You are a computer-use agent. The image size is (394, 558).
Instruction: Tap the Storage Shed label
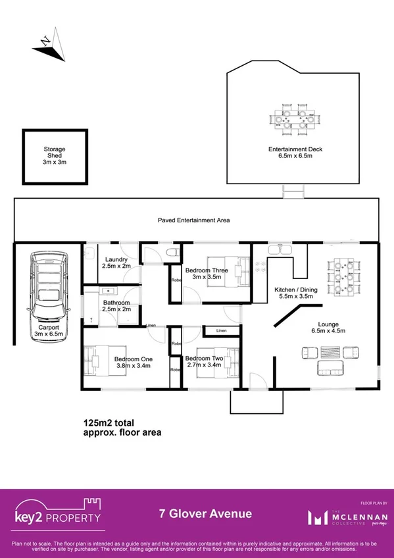55,156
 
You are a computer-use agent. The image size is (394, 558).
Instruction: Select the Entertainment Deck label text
295,153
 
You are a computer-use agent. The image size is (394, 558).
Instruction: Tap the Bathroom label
116,307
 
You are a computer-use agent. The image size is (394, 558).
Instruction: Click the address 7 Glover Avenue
205,514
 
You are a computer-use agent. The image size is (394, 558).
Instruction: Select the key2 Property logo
58,513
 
